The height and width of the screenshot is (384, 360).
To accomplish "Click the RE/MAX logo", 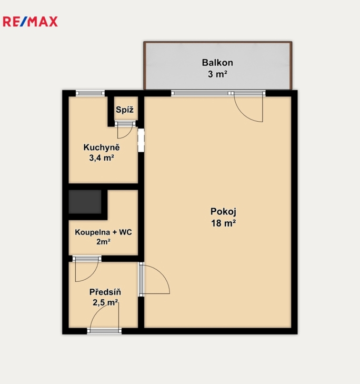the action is (31, 22).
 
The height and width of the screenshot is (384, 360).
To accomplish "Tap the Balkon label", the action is (217, 63).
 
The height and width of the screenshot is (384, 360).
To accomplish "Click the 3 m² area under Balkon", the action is (217, 74).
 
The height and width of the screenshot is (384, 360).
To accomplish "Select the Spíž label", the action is (125, 110).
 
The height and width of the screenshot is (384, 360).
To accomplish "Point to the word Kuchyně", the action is (102, 147).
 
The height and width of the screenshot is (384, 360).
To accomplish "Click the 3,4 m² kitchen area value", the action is (102, 158).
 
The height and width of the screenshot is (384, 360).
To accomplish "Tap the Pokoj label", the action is (224, 212).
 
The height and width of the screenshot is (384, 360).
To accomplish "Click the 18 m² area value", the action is (224, 223).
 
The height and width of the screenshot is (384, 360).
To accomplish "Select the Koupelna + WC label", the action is (103, 232).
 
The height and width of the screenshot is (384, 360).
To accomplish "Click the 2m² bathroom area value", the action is (103, 242).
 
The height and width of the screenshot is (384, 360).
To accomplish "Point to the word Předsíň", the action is (105, 292).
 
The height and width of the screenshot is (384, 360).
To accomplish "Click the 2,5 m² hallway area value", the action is (105, 302).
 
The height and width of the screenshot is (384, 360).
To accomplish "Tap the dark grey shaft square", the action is (85, 202).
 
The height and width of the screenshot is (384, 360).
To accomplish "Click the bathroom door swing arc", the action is (92, 276).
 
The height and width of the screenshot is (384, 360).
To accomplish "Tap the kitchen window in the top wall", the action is (91, 93).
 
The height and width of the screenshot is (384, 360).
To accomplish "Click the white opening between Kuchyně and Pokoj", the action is (141, 140).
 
